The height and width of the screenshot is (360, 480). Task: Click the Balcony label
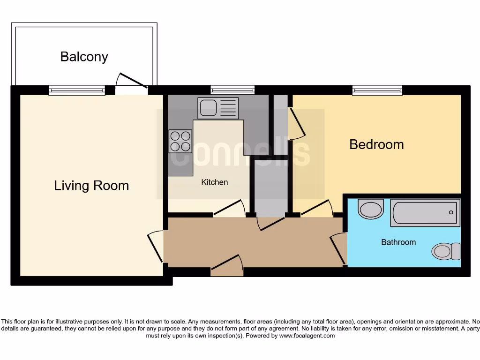tap(84, 57)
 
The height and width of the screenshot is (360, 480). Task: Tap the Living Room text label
tap(91, 186)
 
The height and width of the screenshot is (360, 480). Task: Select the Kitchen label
tap(215, 182)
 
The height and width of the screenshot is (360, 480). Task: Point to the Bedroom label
tap(376, 144)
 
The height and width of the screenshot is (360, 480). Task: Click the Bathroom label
tap(398, 242)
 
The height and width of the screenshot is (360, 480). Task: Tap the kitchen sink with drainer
tap(218, 108)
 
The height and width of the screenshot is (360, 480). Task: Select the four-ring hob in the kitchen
tap(180, 141)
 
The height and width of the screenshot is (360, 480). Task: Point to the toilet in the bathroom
tap(445, 251)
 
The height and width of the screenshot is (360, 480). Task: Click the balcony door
tap(132, 82)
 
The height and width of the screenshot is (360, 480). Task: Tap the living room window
tap(77, 90)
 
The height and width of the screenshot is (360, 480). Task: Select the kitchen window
tap(232, 90)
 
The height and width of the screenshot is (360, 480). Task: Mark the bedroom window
tap(377, 90)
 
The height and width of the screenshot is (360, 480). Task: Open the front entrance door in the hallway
tap(227, 265)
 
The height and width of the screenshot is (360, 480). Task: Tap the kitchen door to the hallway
tap(229, 209)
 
